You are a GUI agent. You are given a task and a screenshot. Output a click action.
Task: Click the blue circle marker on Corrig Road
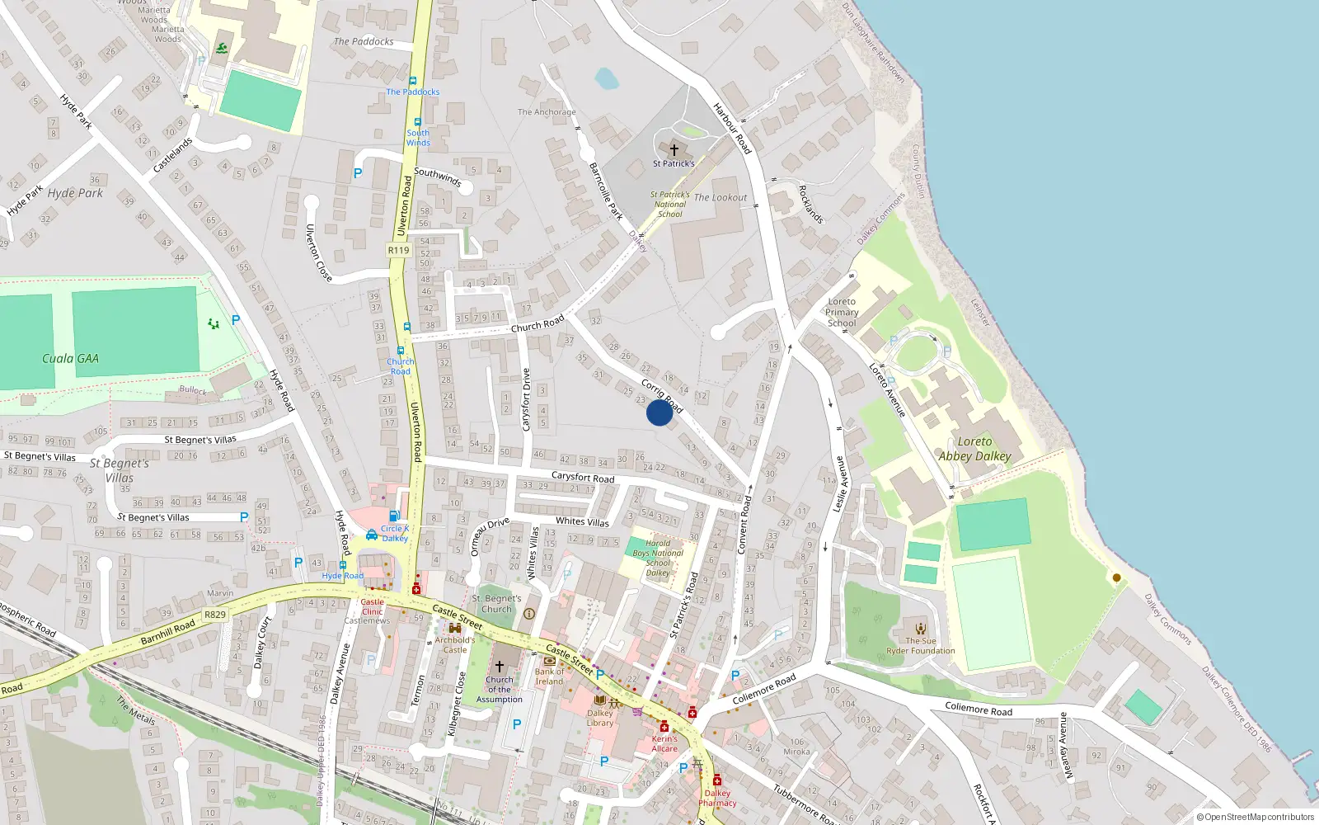659,412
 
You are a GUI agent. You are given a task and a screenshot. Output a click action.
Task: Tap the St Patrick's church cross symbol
674,150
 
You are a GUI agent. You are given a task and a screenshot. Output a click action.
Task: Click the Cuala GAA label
70,359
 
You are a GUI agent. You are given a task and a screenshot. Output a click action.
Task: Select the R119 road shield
398,250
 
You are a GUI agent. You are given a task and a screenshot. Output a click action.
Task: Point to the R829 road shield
215,615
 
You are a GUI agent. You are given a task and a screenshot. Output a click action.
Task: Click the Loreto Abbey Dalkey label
974,449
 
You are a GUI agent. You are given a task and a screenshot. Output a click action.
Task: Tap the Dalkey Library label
600,718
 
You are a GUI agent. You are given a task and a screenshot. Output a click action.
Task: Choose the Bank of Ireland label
549,676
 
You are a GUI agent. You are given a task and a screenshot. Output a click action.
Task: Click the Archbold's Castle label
455,644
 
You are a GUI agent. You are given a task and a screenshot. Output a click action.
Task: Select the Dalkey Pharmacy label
717,798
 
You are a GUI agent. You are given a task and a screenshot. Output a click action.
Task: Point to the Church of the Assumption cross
499,667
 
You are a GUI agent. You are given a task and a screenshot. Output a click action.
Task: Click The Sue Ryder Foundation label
921,645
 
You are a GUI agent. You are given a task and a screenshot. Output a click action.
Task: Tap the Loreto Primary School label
842,312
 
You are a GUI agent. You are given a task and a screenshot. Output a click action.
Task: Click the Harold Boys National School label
658,558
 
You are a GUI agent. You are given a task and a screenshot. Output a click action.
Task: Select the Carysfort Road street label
582,477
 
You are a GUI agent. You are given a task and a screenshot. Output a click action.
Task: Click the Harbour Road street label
732,128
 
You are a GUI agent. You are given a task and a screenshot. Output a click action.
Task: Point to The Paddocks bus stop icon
413,82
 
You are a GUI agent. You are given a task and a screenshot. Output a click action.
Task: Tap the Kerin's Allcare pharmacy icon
664,727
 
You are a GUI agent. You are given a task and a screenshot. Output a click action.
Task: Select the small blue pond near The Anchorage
606,78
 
